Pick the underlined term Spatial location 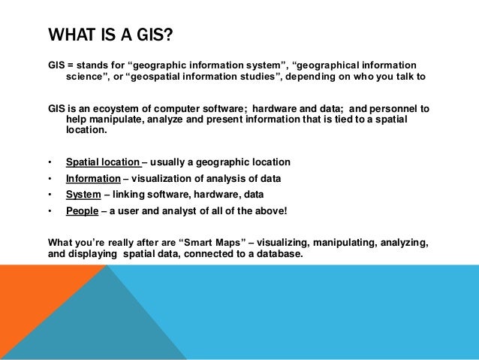point(103,162)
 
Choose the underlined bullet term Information point(93,179)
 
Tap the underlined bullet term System point(83,195)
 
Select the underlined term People point(82,211)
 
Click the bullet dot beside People point(49,211)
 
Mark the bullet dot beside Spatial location point(49,162)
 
